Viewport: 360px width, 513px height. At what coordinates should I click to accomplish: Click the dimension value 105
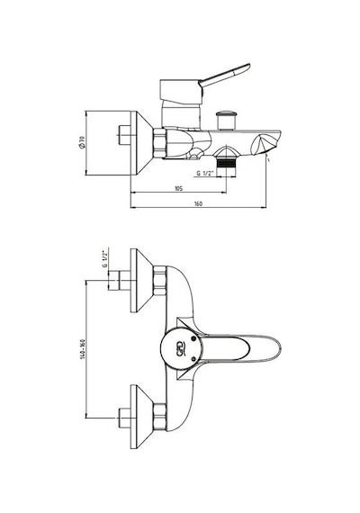point(179,188)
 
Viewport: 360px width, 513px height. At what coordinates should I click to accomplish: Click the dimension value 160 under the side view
point(198,203)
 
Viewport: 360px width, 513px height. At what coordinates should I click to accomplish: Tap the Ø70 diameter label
point(81,142)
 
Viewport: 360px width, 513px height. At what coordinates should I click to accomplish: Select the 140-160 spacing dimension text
point(82,350)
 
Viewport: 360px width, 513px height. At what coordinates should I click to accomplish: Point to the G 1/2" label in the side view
point(205,173)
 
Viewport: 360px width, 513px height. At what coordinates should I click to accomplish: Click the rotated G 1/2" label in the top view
point(104,259)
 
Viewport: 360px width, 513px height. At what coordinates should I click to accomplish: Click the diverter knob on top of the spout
point(226,121)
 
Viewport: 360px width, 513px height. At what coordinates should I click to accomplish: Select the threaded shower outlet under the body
point(226,163)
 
